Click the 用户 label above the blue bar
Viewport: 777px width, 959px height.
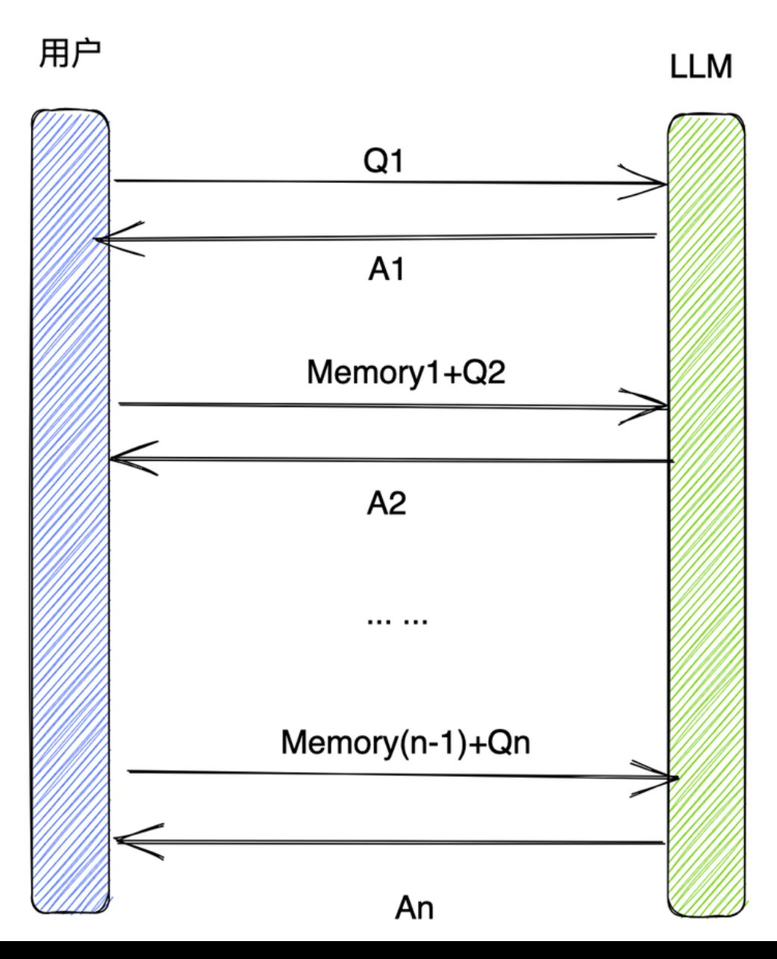point(70,54)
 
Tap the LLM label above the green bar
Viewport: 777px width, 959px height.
point(701,66)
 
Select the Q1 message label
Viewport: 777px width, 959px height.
point(383,161)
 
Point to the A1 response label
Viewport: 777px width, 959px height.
point(386,270)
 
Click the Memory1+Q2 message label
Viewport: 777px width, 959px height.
point(406,373)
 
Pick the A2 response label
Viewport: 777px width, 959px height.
point(387,503)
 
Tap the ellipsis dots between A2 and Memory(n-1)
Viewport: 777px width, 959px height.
point(397,621)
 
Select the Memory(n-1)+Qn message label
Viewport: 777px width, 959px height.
point(405,743)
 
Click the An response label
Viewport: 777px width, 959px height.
point(414,908)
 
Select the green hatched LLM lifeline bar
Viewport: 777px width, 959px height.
point(705,515)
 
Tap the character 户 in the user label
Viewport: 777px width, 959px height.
point(86,54)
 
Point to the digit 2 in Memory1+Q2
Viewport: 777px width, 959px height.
point(496,373)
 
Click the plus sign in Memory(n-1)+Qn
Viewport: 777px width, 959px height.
point(478,744)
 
